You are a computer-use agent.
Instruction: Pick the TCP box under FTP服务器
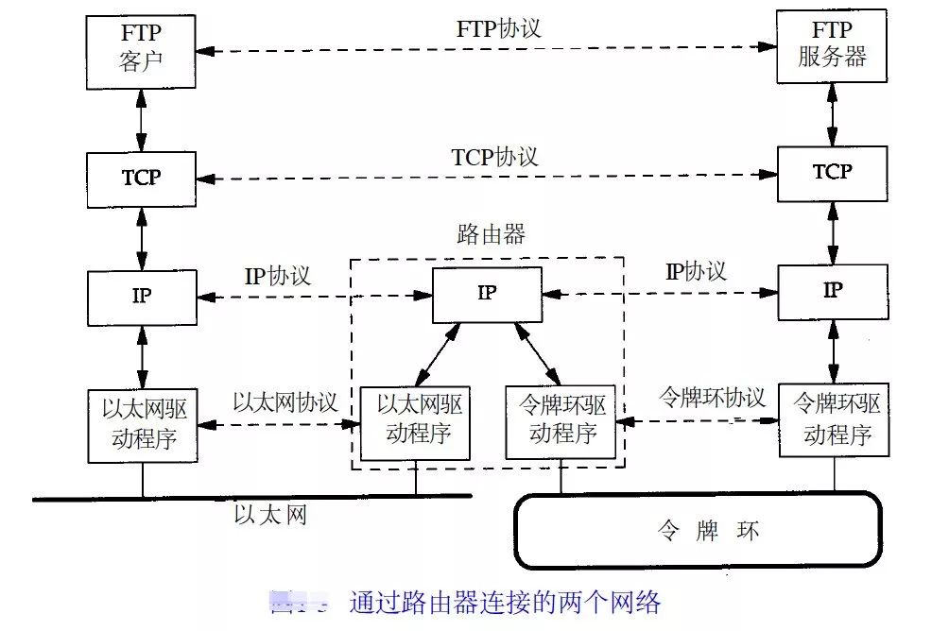click(x=833, y=173)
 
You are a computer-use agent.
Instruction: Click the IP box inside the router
click(x=488, y=294)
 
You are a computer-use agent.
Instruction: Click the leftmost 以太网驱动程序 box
click(x=143, y=425)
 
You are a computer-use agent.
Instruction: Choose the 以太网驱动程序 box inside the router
click(x=416, y=422)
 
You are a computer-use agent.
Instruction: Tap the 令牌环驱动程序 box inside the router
click(x=561, y=422)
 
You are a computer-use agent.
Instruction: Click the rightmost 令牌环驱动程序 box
click(x=835, y=420)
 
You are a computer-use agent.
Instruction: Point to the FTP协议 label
click(x=498, y=27)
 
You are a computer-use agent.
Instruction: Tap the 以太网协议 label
click(x=285, y=401)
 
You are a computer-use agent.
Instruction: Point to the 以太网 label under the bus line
click(x=270, y=516)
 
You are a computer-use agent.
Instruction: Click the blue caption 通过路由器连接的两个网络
click(x=505, y=603)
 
